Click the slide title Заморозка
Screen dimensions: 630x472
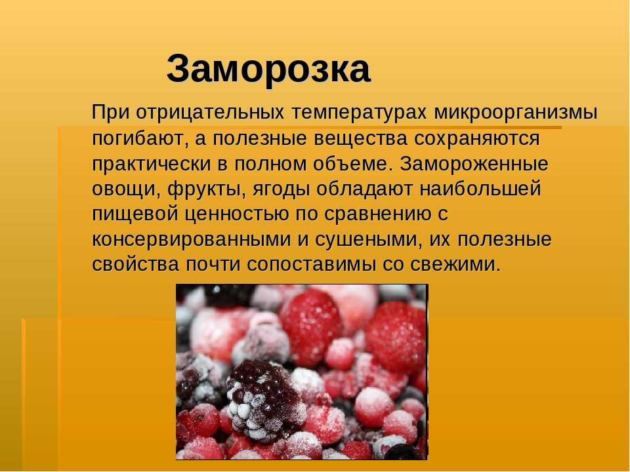[x=268, y=69]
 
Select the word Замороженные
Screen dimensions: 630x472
[x=474, y=165]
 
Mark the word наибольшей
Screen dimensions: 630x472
[x=480, y=189]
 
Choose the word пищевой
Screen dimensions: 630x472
[x=135, y=214]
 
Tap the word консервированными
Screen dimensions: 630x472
[x=192, y=240]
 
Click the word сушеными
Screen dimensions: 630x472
[x=369, y=240]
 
